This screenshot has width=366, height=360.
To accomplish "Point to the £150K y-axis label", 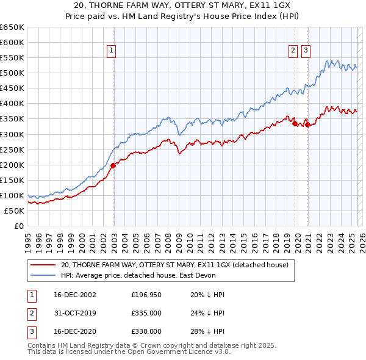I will tap(12, 180).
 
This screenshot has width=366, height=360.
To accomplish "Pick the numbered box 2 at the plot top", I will tap(293, 51).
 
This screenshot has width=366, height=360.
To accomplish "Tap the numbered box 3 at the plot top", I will tap(306, 51).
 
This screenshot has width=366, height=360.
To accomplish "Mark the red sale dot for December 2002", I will tap(113, 165).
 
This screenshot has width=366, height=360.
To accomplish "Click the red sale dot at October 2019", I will tap(295, 123).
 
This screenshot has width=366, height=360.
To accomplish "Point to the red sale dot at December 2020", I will tap(307, 124).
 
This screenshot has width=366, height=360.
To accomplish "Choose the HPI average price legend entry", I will tap(137, 275).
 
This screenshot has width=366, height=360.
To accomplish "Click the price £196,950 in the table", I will tap(146, 295).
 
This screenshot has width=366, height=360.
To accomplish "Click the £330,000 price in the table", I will tap(146, 331).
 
